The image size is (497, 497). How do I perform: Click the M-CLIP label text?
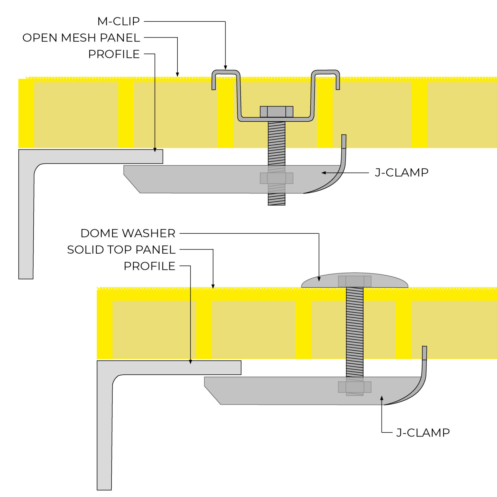(118, 21)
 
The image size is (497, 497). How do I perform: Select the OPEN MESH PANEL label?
(81, 38)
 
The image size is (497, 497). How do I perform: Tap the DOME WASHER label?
(128, 233)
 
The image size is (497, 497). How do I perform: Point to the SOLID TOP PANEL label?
(121, 250)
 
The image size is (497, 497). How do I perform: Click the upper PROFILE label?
(114, 54)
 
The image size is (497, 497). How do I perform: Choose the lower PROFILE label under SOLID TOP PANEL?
(149, 266)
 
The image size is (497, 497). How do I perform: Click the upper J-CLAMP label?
(402, 172)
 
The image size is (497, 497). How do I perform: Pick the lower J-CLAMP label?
(423, 433)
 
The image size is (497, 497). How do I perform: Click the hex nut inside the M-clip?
(277, 112)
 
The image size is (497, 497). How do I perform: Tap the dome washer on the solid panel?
(355, 281)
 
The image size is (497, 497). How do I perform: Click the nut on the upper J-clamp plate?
(277, 178)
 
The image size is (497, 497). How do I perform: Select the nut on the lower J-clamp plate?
(355, 387)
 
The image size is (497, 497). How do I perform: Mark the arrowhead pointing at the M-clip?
(225, 67)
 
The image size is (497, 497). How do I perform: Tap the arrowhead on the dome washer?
(319, 279)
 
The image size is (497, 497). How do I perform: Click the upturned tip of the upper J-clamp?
(344, 141)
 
